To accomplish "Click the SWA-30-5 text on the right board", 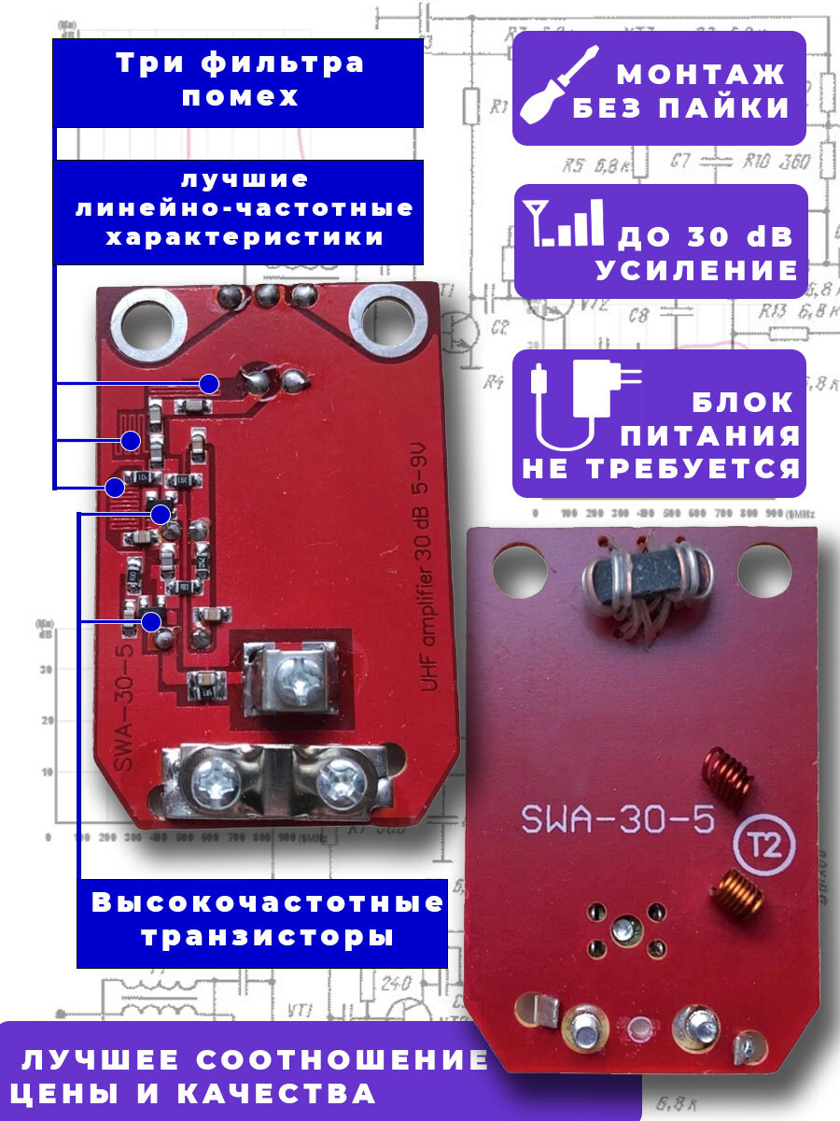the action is point(618,821).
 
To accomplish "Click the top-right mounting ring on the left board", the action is point(383,319).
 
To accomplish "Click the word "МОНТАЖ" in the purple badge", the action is point(701,73).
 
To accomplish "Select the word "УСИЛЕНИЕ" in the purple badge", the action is point(696,270).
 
